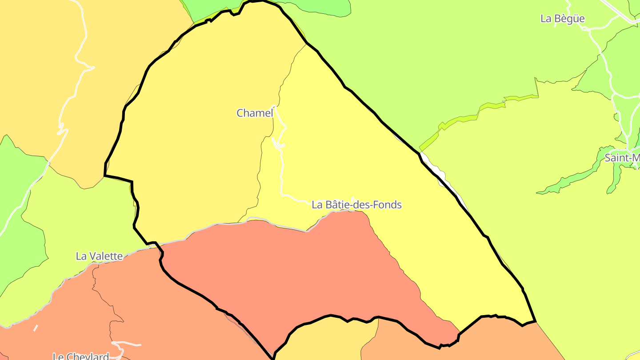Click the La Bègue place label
562,19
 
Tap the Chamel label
255,113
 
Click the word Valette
105,256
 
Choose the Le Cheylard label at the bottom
81,356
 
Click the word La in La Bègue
546,19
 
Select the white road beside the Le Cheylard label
127,344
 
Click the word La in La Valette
81,256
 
